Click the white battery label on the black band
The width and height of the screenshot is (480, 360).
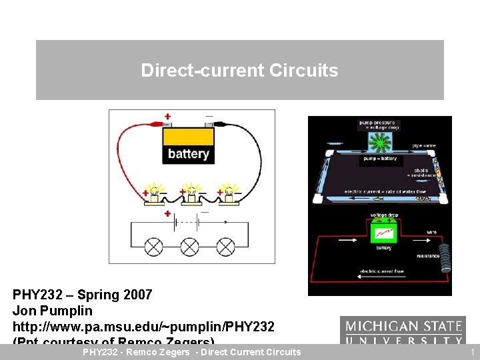pos(189,154)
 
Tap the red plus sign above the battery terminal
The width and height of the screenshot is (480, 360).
pos(167,116)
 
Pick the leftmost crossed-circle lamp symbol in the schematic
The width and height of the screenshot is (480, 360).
pos(154,247)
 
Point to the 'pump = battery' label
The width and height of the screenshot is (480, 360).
pos(379,159)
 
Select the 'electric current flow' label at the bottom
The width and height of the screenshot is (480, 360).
pos(382,271)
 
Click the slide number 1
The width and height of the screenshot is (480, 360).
pos(472,352)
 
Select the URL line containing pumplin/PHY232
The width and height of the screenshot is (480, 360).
pos(143,327)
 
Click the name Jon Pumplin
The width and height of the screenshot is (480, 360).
pos(53,311)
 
